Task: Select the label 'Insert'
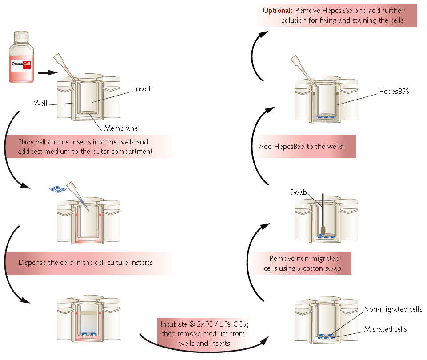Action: coord(142,89)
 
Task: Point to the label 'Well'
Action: coord(40,103)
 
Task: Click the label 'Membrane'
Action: coord(121,128)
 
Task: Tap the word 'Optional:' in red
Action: coord(278,10)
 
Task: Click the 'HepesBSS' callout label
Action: coord(394,92)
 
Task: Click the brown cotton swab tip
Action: coord(323,230)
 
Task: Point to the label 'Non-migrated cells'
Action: coord(393,309)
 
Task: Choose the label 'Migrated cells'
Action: coord(385,329)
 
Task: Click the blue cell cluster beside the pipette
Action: coord(57,189)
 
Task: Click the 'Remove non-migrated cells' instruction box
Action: coord(304,263)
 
